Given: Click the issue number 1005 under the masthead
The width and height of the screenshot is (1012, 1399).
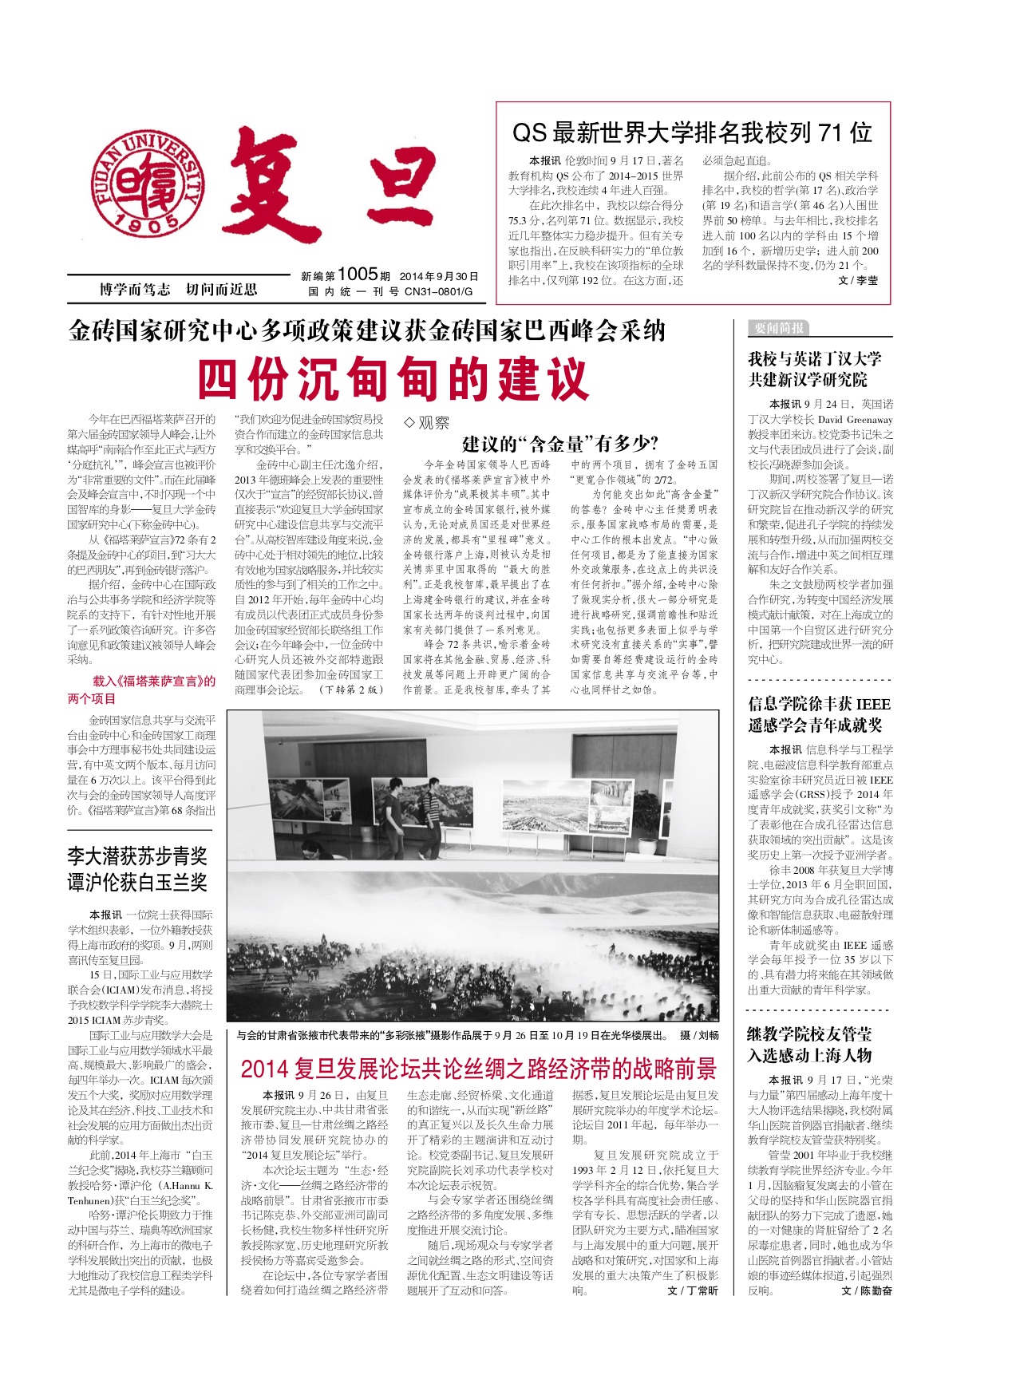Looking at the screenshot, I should pyautogui.click(x=357, y=275).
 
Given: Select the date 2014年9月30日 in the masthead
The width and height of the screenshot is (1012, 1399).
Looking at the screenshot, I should pyautogui.click(x=439, y=277).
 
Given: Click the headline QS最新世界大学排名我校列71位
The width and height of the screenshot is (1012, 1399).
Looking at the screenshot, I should pyautogui.click(x=692, y=132).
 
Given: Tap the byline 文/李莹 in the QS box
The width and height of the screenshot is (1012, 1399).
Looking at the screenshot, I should pyautogui.click(x=858, y=281).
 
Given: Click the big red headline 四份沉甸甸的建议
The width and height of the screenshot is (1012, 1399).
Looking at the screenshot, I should pyautogui.click(x=393, y=379).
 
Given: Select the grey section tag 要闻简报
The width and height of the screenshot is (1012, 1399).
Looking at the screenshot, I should pyautogui.click(x=778, y=328).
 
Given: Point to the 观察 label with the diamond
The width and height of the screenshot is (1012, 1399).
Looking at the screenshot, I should pyautogui.click(x=427, y=423).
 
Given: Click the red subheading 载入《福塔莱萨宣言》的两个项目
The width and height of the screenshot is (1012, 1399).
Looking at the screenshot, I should pyautogui.click(x=142, y=690).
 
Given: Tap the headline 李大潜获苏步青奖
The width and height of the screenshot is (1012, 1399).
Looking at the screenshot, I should pyautogui.click(x=137, y=857).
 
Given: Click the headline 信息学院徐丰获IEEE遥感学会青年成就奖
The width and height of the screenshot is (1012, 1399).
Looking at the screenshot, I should pyautogui.click(x=820, y=714).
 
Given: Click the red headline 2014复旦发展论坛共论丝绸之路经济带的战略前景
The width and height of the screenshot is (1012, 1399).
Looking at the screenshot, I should pyautogui.click(x=479, y=1069).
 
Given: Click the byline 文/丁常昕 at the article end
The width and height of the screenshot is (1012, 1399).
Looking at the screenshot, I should pyautogui.click(x=692, y=1290).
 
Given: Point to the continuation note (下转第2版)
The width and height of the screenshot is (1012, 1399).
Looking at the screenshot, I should pyautogui.click(x=351, y=690).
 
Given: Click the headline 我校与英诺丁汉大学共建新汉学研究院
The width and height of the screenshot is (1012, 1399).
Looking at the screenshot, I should pyautogui.click(x=815, y=370).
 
